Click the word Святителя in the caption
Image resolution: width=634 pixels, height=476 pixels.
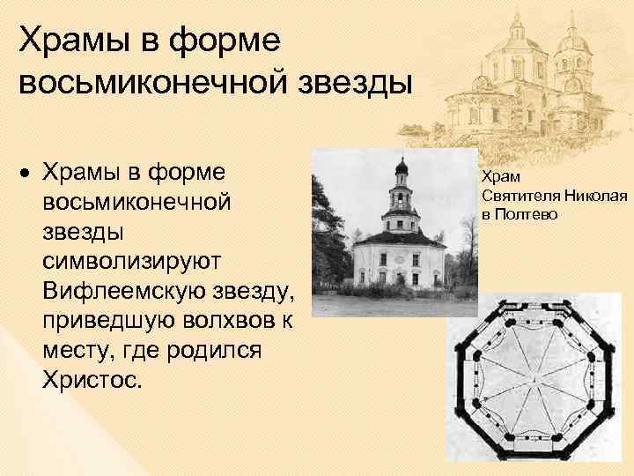pyautogui.click(x=520, y=195)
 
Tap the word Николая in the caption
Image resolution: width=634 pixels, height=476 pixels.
pyautogui.click(x=595, y=195)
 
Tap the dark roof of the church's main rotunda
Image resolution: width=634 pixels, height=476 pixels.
pyautogui.click(x=402, y=235)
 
